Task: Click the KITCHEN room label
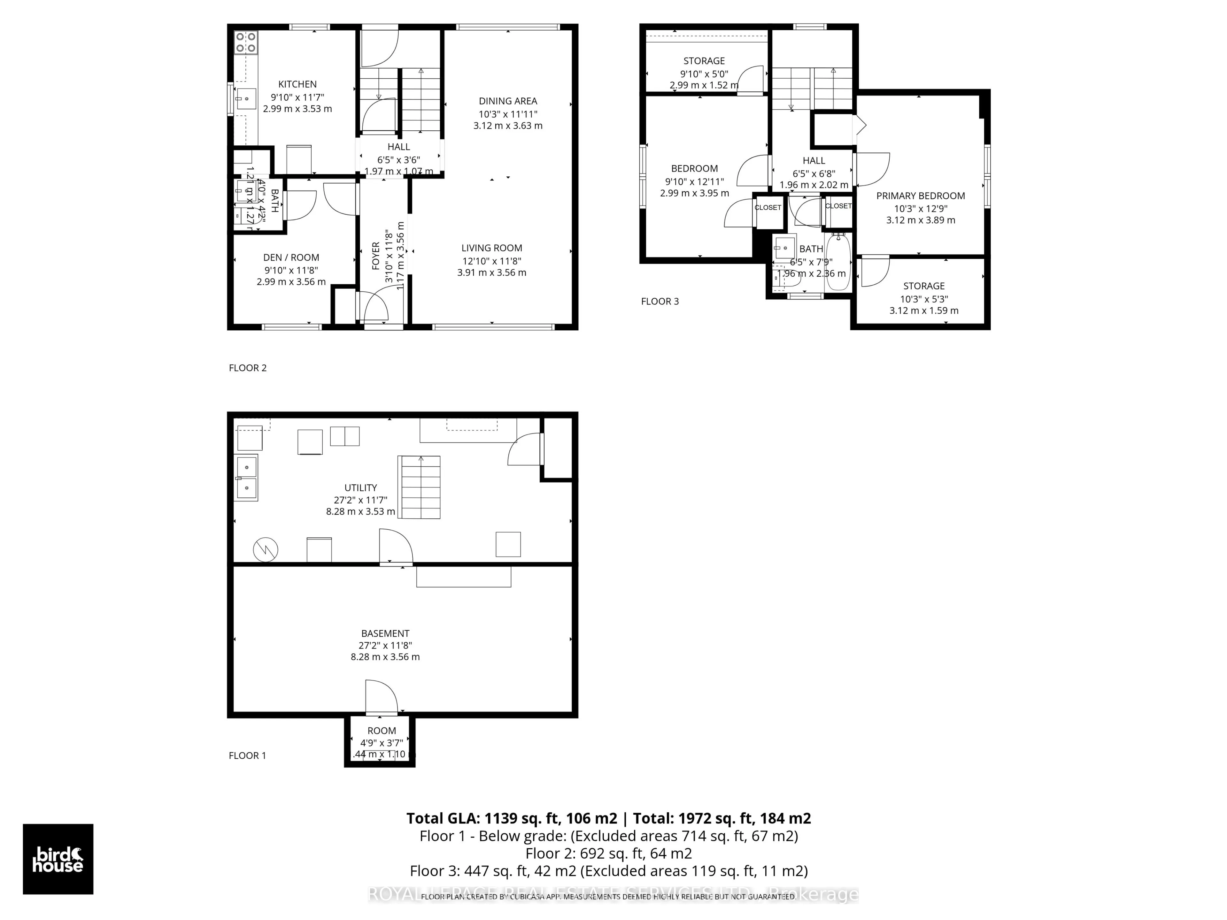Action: [297, 84]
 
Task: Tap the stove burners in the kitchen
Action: [246, 42]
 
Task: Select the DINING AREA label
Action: [507, 101]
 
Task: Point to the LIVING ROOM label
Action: [491, 248]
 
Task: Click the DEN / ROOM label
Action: [291, 257]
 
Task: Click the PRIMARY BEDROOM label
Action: [920, 196]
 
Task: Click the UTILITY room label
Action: [360, 487]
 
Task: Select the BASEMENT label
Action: [385, 633]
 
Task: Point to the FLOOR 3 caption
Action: [660, 302]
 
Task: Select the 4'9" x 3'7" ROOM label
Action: [382, 731]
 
